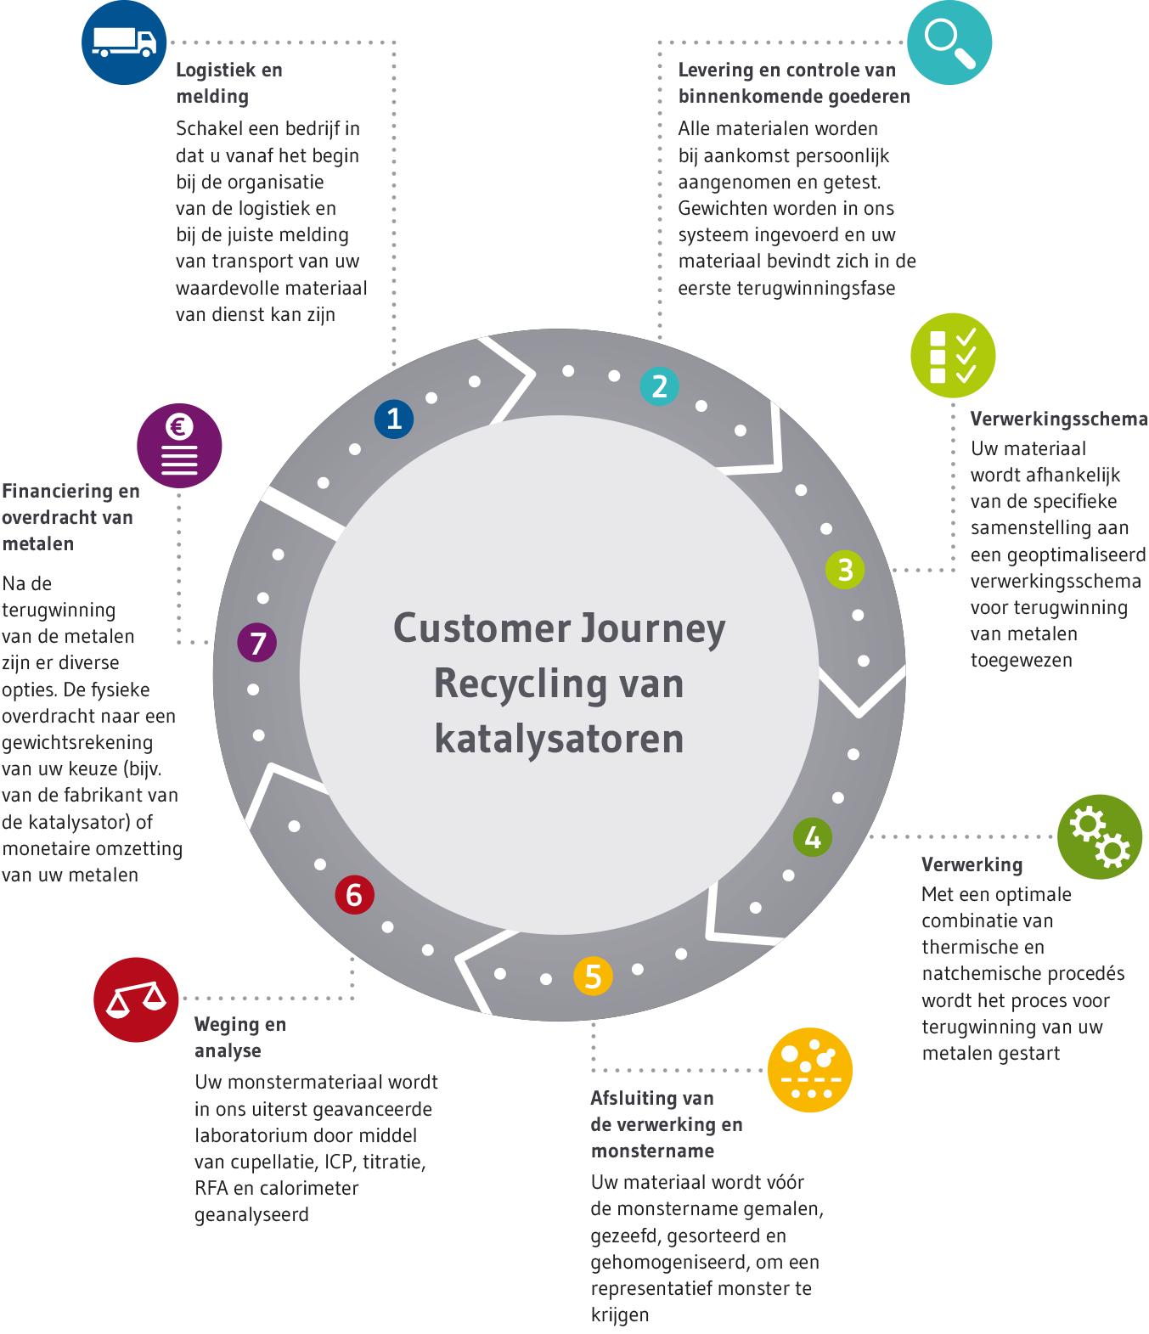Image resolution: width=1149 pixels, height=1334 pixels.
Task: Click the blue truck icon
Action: coord(124,42)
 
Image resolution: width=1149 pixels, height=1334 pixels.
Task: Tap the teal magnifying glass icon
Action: coord(949,42)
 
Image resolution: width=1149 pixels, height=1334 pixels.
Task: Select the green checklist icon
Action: coord(952,355)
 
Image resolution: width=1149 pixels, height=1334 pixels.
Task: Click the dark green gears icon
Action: coord(1099,836)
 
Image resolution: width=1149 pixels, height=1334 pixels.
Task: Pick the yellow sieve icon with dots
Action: coord(809,1070)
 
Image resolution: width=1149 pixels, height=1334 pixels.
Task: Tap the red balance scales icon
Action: coord(136,999)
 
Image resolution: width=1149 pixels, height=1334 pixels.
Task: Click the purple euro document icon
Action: coord(179,445)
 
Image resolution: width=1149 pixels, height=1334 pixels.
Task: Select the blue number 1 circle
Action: coord(394,419)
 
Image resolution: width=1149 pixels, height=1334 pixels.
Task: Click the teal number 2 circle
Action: coord(659,386)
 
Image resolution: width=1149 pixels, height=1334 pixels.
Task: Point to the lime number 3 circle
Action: coord(845,569)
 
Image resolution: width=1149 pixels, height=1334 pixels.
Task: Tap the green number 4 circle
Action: coord(813,837)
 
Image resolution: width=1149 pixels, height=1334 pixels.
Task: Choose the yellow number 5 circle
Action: coord(593,976)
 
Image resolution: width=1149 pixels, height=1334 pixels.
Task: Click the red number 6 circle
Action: coord(354,894)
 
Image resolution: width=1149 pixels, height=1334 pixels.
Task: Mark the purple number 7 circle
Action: coord(257,642)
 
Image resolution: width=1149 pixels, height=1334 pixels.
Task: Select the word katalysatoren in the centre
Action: coord(559,738)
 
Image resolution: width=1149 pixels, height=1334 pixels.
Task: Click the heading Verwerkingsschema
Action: coord(1058,419)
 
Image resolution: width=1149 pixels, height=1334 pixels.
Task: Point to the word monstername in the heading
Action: coord(652,1151)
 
